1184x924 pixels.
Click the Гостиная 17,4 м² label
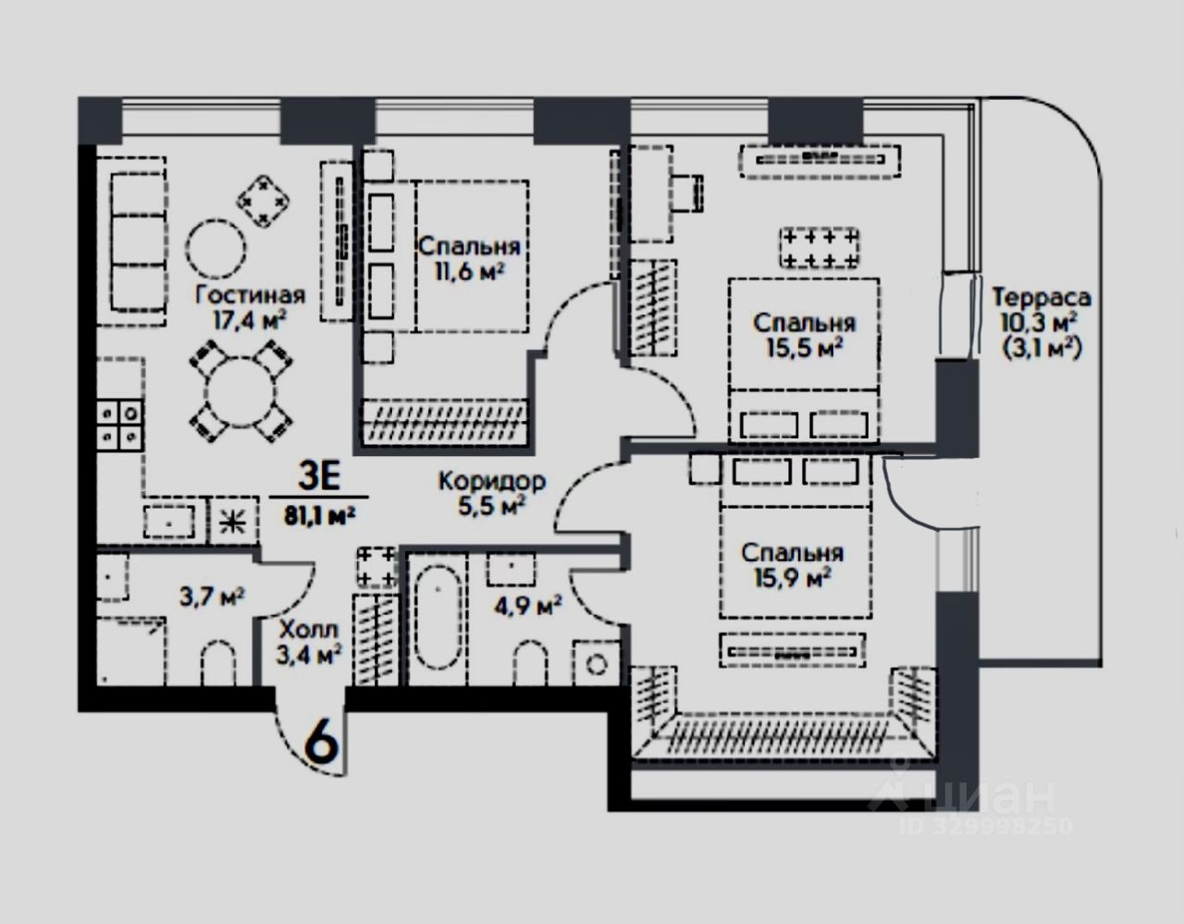pyautogui.click(x=250, y=308)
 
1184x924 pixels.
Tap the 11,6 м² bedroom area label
pyautogui.click(x=469, y=271)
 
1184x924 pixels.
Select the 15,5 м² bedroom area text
pyautogui.click(x=805, y=348)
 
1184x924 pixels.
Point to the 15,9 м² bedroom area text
pyautogui.click(x=792, y=577)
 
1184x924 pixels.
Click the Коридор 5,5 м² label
pyautogui.click(x=492, y=494)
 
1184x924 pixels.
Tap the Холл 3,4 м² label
pyautogui.click(x=309, y=643)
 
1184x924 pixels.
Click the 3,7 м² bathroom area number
pyautogui.click(x=213, y=597)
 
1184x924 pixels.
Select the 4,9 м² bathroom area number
pyautogui.click(x=527, y=605)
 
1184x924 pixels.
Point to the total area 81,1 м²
pyautogui.click(x=320, y=515)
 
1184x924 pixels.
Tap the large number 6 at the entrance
pyautogui.click(x=322, y=743)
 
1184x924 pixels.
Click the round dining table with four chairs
pyautogui.click(x=240, y=391)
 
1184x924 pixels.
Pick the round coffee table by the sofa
pyautogui.click(x=216, y=250)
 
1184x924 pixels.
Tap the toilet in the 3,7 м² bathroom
pyautogui.click(x=218, y=662)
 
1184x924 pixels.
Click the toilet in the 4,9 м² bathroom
pyautogui.click(x=530, y=662)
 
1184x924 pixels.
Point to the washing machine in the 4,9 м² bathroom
pyautogui.click(x=597, y=663)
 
